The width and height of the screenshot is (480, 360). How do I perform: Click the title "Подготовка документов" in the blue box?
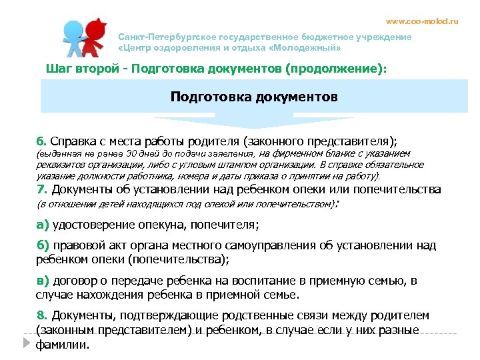[x=254, y=97]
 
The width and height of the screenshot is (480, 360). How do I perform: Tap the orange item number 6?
[x=41, y=141]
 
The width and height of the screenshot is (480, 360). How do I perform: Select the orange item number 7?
[x=40, y=189]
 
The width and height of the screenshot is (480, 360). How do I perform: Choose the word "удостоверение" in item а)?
[x=95, y=223]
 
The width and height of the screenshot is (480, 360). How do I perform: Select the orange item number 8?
[x=41, y=315]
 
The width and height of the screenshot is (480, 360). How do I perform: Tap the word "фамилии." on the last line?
[x=62, y=345]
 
